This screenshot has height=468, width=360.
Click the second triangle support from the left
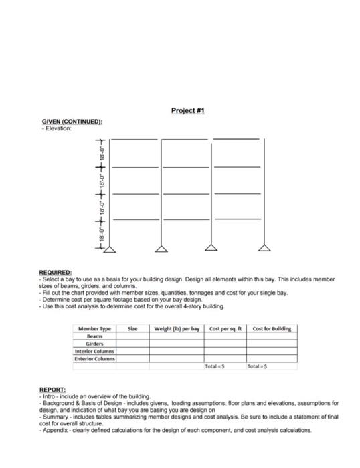click(161, 249)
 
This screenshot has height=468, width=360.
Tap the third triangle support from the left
click(212, 249)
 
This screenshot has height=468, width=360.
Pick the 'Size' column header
click(132, 329)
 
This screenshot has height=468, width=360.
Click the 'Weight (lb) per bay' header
click(177, 329)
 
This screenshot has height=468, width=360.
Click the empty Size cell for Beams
click(132, 336)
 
